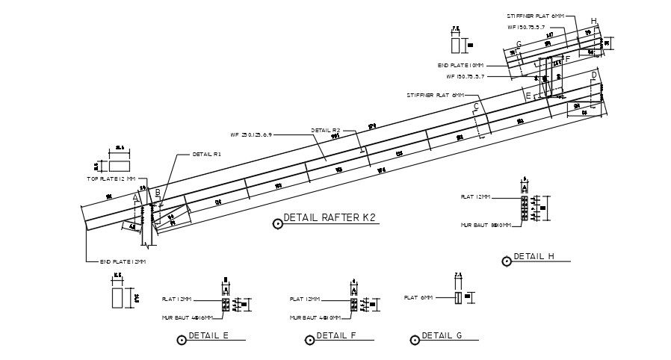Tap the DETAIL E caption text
click(x=208, y=335)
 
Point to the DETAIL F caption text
click(x=335, y=335)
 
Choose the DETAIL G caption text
click(x=442, y=335)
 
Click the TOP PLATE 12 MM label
click(x=111, y=179)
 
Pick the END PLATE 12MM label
click(x=123, y=261)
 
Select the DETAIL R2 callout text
click(x=326, y=130)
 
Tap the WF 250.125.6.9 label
click(x=252, y=135)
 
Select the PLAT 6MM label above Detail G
click(x=418, y=297)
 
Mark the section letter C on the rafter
click(x=476, y=106)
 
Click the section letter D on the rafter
click(x=594, y=75)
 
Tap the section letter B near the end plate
click(x=158, y=193)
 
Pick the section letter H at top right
click(x=593, y=21)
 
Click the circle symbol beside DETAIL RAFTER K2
click(x=278, y=220)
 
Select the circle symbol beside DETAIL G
click(x=413, y=340)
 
